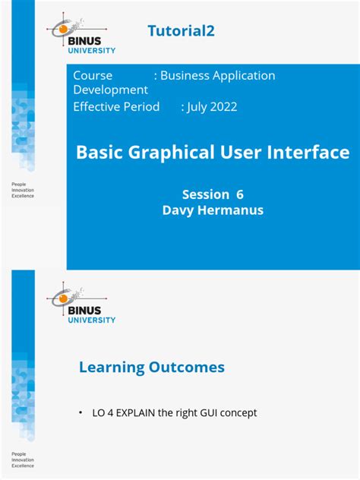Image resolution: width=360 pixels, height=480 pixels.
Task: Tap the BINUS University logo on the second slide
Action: (82, 304)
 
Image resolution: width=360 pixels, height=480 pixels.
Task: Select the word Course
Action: (93, 75)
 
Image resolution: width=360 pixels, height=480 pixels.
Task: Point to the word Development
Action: (110, 90)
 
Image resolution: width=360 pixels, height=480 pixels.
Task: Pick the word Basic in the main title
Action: (99, 152)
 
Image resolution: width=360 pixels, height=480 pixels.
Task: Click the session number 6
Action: (239, 194)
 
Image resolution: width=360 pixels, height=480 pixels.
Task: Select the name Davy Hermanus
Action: (213, 210)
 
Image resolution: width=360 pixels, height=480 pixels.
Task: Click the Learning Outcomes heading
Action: (152, 368)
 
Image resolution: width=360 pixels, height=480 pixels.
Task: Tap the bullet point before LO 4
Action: (81, 413)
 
